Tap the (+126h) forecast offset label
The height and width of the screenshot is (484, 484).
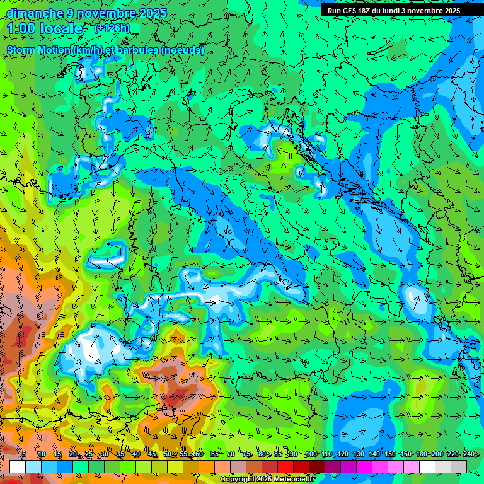pos(112,28)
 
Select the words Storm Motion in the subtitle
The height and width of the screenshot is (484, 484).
pos(39,50)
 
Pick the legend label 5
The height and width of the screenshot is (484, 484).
pos(24,454)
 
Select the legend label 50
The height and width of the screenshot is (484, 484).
pos(167,454)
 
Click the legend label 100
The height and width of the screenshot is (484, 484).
pos(310,454)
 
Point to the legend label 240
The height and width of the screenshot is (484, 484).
pos(468,454)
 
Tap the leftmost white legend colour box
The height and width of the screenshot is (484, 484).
pos(18,466)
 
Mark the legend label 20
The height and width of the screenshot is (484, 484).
pos(72,454)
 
